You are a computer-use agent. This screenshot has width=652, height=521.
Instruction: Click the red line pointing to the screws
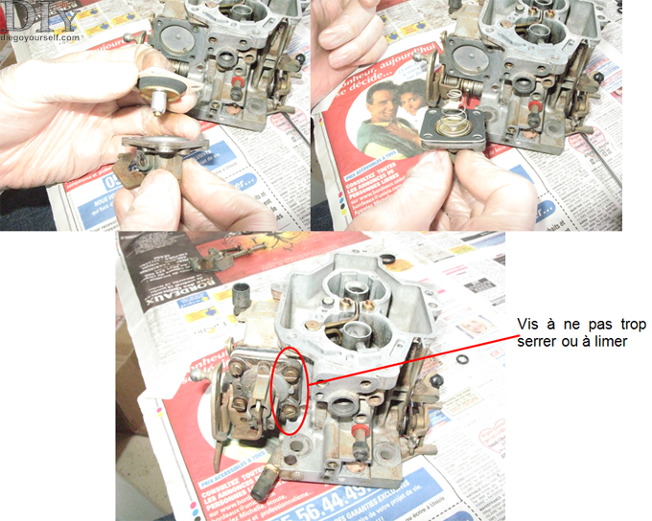[412, 355]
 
